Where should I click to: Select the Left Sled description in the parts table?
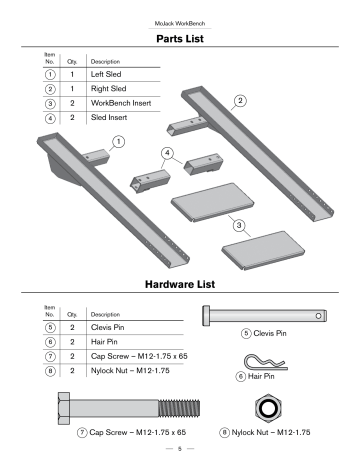pyautogui.click(x=108, y=74)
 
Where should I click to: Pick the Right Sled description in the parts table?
pyautogui.click(x=110, y=88)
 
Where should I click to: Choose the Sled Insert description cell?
pyautogui.click(x=112, y=118)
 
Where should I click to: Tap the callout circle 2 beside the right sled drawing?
pyautogui.click(x=239, y=100)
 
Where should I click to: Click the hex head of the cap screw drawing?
pyautogui.click(x=63, y=409)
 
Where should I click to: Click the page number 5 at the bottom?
pyautogui.click(x=180, y=452)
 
